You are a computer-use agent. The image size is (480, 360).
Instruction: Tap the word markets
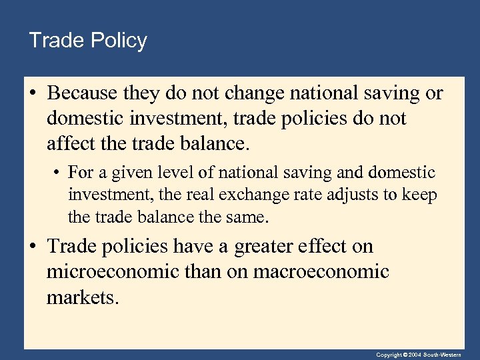[82, 297]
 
